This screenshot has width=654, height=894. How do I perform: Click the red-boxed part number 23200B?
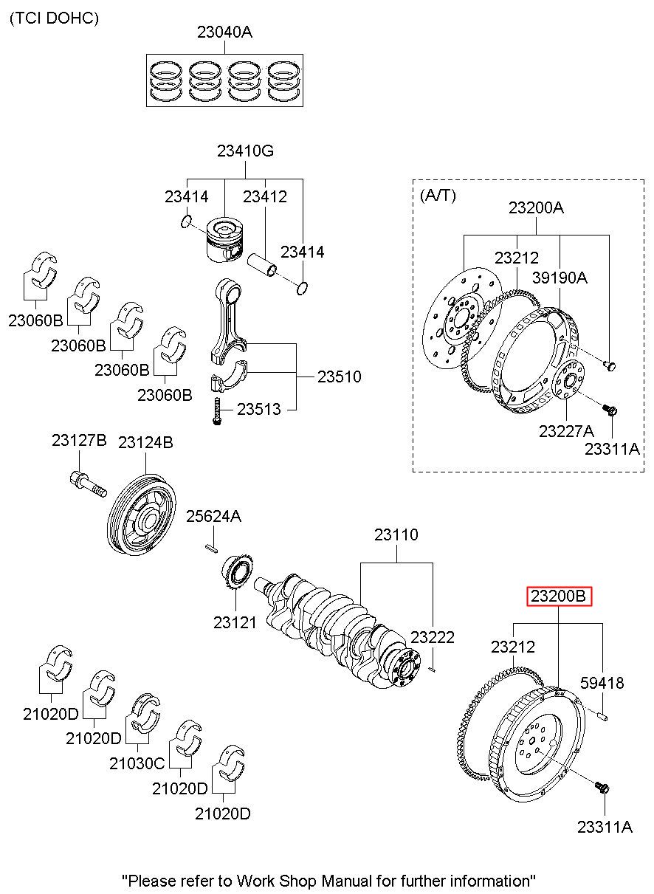coord(559,596)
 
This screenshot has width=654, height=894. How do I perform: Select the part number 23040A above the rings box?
coord(224,32)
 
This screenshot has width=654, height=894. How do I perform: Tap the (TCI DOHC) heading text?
coord(54,18)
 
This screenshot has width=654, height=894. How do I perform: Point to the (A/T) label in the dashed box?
coord(438,195)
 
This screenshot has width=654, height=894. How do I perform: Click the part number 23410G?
coord(245,151)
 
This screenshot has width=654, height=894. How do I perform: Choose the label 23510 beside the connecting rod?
coord(339,376)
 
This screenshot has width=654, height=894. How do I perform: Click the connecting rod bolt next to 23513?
coord(217,411)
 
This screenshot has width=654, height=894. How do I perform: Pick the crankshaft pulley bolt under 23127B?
coord(88,484)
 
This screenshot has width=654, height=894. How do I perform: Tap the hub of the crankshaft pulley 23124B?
coord(149,521)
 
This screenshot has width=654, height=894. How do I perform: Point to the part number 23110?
coord(396,534)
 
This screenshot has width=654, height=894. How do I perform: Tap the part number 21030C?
coord(137,763)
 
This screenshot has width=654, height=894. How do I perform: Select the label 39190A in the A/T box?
coord(560,278)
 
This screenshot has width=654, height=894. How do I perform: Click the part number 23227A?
coord(566,431)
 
